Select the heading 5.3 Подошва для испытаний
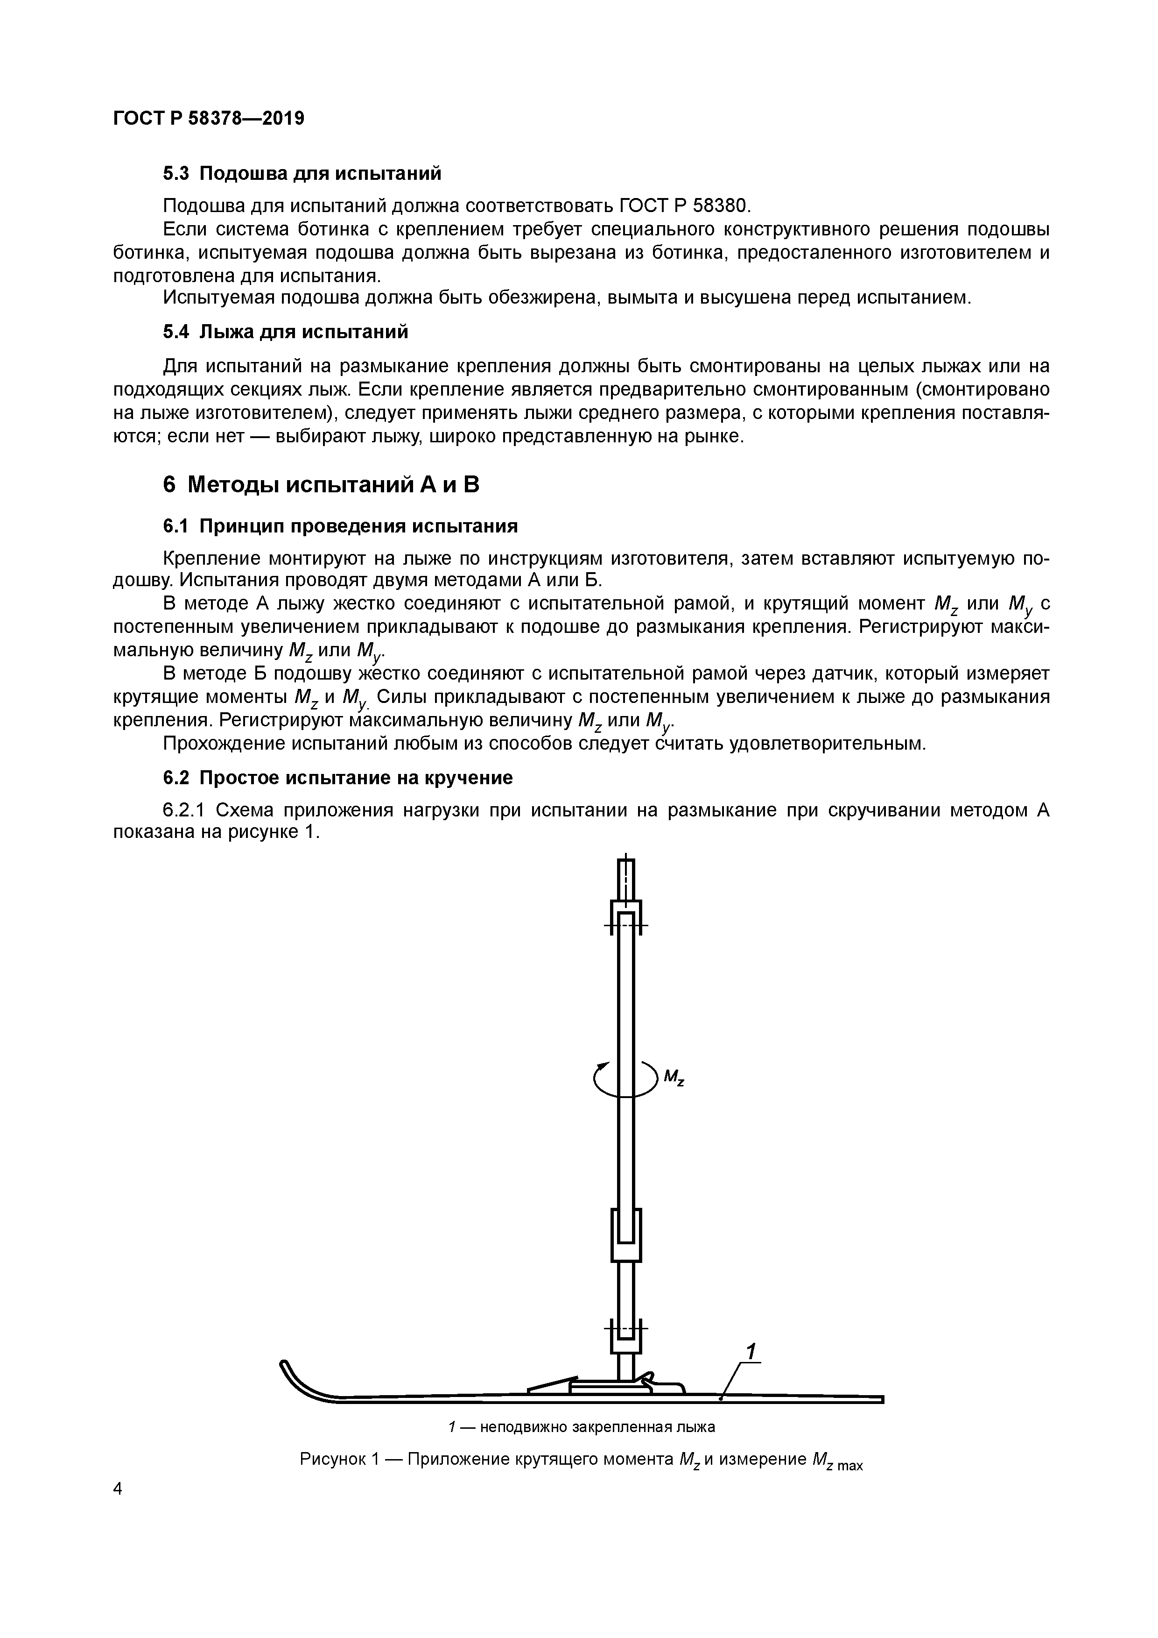pyautogui.click(x=302, y=173)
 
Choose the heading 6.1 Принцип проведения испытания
pyautogui.click(x=340, y=526)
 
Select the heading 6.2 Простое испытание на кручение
pyautogui.click(x=338, y=778)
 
